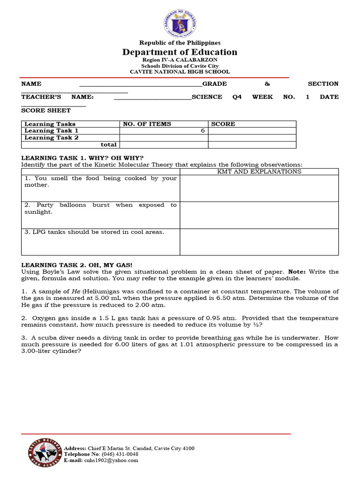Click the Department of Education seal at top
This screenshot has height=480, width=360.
point(180,22)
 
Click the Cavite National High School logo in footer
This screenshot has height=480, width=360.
point(45,454)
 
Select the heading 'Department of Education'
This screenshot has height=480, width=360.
point(180,52)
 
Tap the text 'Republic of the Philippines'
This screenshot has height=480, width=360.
point(180,43)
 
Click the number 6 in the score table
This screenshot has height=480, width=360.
point(202,131)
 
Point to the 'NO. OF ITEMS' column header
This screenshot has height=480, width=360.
point(147,124)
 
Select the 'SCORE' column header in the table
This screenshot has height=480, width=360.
point(223,124)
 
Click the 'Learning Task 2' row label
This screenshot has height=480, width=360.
point(51,138)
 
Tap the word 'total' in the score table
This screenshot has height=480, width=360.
point(108,145)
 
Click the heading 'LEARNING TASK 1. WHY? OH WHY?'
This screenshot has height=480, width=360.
point(82,157)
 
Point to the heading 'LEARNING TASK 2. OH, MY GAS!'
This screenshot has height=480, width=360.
point(80,265)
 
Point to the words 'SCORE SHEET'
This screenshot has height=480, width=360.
point(46,111)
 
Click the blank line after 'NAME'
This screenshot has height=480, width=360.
point(141,85)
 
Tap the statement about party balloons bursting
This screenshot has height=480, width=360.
point(100,208)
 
